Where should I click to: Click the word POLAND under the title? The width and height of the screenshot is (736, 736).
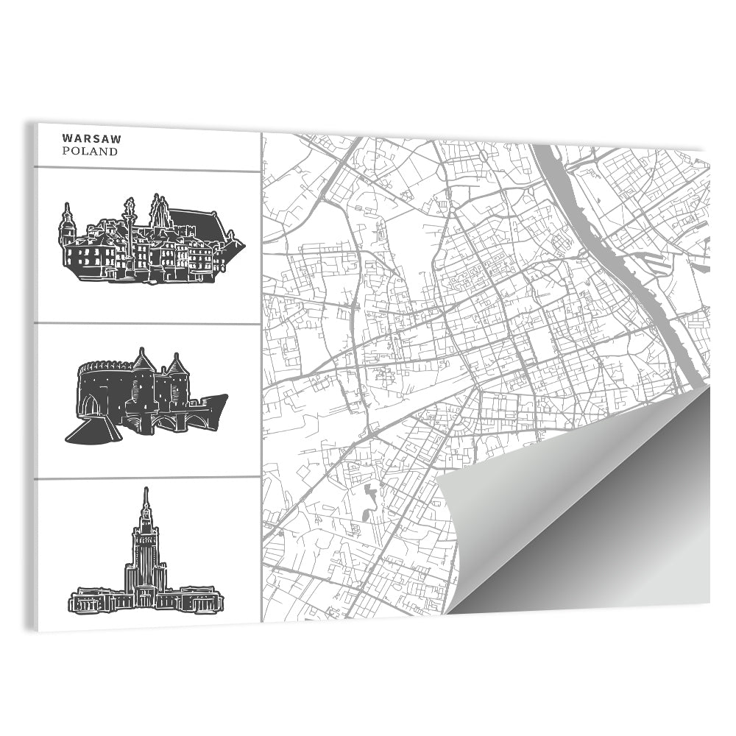pyautogui.click(x=90, y=152)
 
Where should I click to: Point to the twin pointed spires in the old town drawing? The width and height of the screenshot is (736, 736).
pyautogui.click(x=160, y=211)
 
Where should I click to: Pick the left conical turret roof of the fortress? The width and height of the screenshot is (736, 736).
pyautogui.click(x=141, y=361)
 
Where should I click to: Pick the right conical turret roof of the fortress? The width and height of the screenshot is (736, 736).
pyautogui.click(x=175, y=364)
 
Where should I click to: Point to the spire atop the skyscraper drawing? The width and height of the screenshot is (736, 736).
pyautogui.click(x=146, y=500)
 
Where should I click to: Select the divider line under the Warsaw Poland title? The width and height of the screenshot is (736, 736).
pyautogui.click(x=147, y=170)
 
